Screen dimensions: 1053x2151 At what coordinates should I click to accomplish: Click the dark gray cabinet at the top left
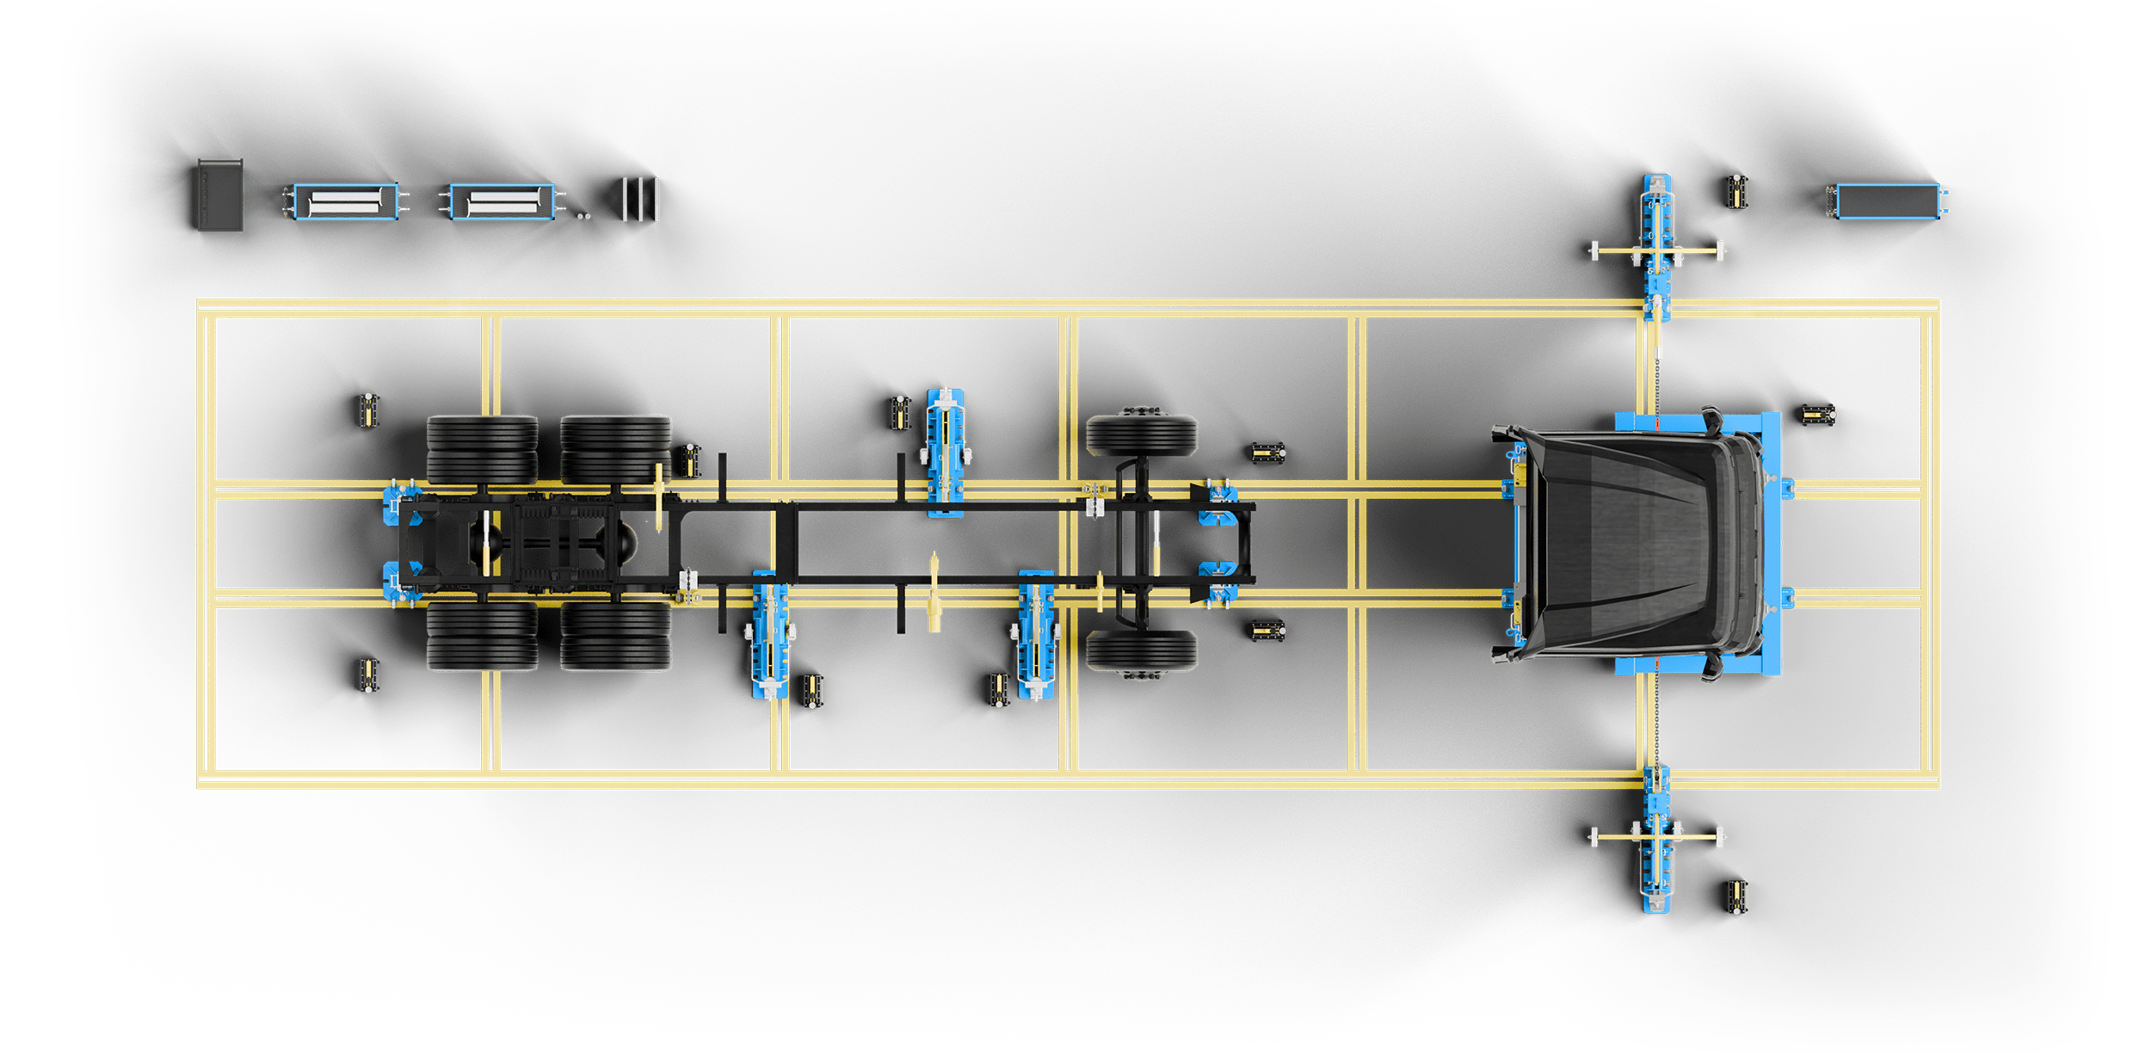220,195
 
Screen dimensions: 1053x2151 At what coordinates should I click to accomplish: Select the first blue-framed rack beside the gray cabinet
346,201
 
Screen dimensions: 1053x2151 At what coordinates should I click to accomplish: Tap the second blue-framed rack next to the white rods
502,201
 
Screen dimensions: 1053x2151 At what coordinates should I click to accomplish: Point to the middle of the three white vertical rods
641,200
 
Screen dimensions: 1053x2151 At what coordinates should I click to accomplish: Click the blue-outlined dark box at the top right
1889,201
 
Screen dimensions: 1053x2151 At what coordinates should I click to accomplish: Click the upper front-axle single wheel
1142,435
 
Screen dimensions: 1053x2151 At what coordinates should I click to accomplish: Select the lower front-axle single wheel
1142,651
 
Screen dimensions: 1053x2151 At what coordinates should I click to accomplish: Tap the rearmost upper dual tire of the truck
482,449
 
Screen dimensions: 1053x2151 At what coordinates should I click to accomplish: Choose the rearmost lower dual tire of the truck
482,637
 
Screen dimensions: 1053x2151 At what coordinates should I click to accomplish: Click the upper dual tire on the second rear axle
616,449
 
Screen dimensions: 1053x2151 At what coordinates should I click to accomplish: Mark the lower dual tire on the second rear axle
616,637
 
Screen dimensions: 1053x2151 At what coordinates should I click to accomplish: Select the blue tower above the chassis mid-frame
946,452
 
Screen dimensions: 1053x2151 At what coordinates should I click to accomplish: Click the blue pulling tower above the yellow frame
1657,245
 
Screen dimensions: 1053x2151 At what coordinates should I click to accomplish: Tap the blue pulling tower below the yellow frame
1657,839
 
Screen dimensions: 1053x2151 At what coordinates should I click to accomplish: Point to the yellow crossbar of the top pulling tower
1657,251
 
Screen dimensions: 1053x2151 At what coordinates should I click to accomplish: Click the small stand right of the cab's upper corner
1819,415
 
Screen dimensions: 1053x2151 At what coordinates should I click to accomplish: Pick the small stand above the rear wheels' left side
368,410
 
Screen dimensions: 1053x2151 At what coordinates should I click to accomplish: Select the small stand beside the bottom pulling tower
1737,897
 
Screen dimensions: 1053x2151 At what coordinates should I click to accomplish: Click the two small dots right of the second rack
584,217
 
